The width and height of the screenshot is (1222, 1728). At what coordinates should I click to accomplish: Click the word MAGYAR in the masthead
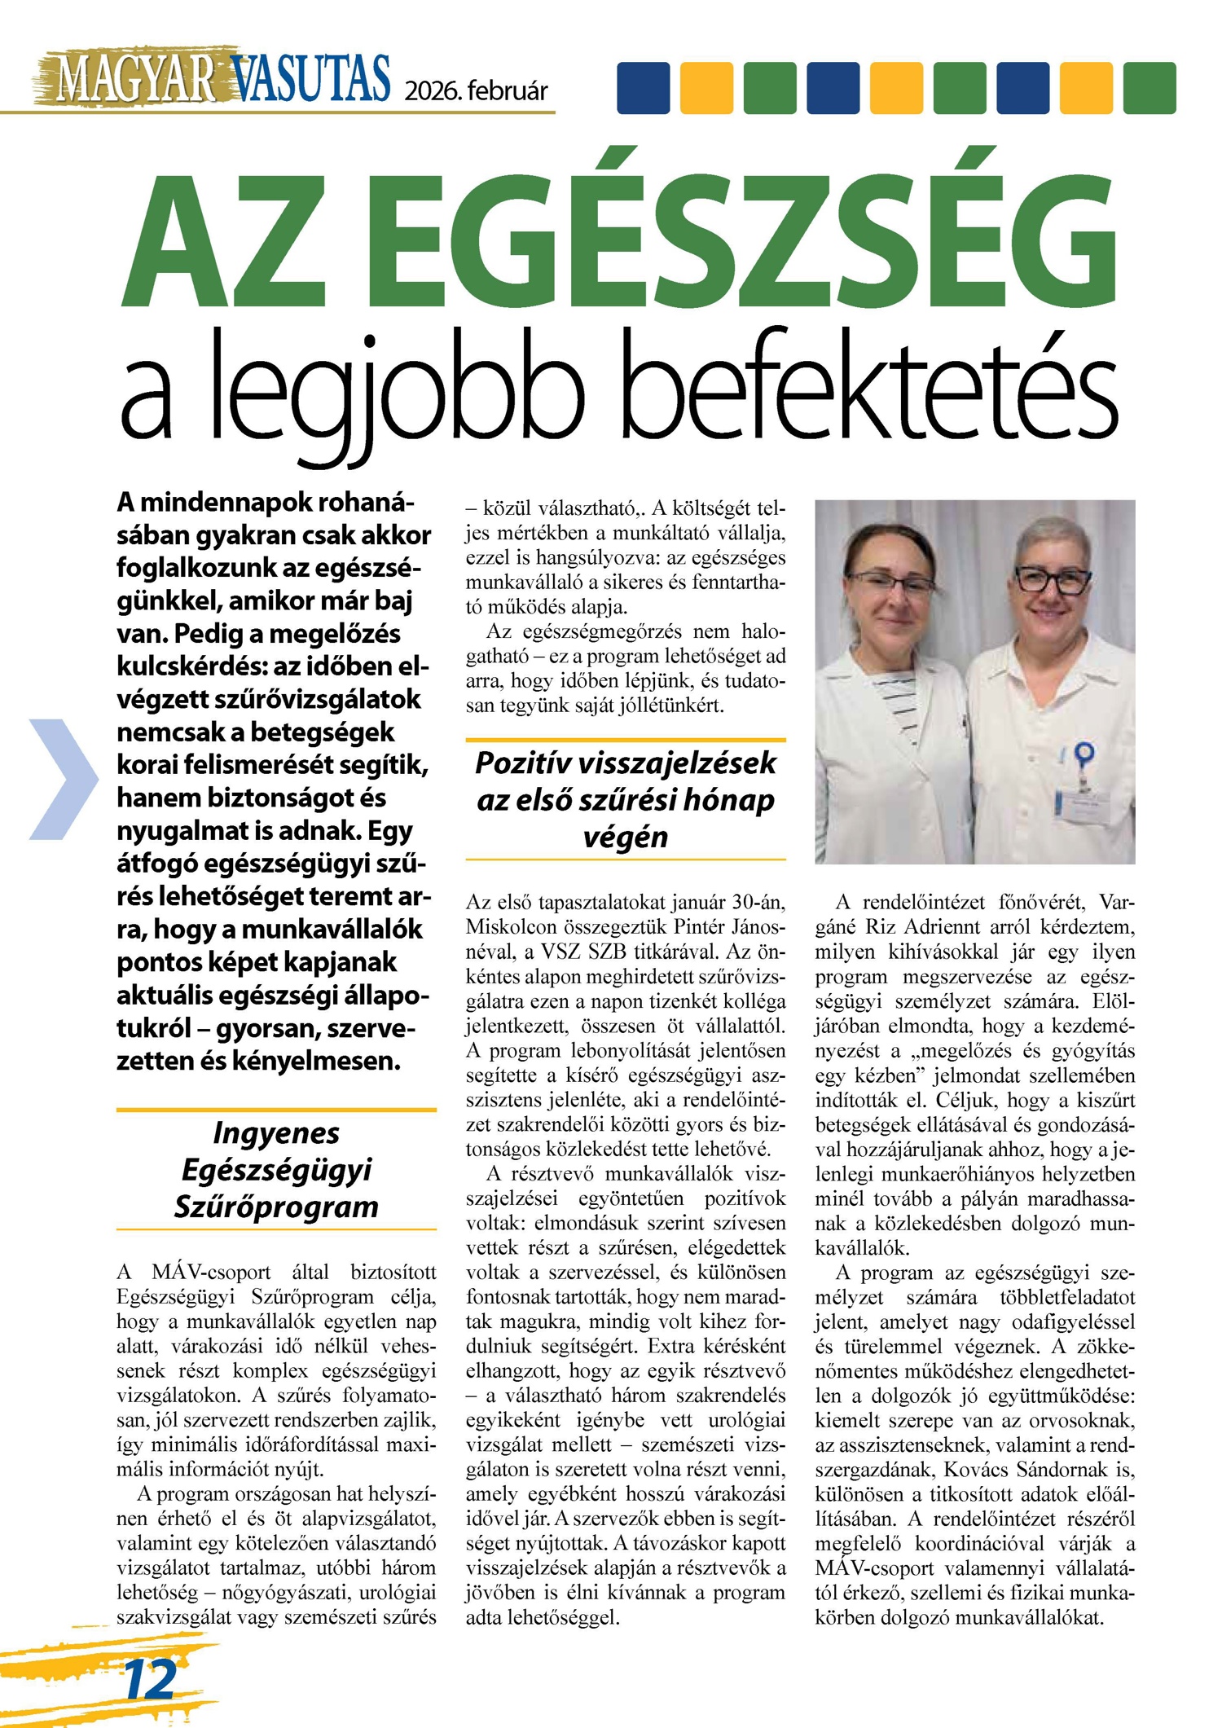point(134,79)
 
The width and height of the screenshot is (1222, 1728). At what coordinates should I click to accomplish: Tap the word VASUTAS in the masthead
point(310,79)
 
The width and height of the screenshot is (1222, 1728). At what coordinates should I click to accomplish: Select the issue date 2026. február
point(476,90)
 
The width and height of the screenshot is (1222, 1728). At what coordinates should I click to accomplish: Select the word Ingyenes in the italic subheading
point(276,1132)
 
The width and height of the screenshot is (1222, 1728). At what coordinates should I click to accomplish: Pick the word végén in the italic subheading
point(626,837)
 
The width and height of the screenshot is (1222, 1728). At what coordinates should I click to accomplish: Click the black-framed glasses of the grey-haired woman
point(1051,580)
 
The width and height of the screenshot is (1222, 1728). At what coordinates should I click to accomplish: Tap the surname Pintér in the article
point(700,927)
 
